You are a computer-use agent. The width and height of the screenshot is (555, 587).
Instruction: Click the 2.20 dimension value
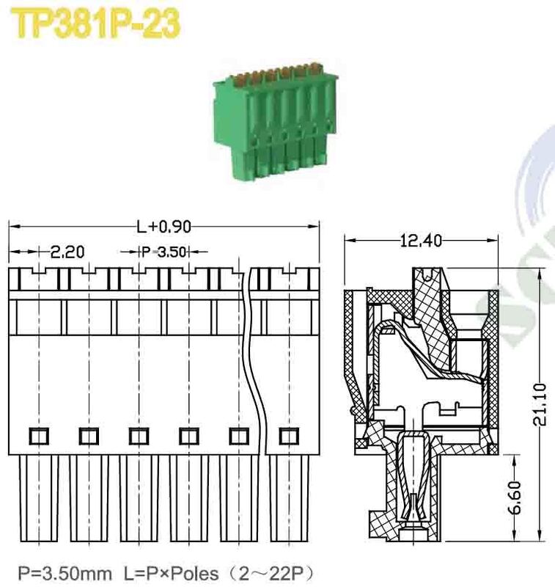[67, 252]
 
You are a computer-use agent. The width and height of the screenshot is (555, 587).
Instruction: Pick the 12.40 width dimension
[421, 240]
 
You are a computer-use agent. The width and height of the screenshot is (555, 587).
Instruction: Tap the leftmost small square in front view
[37, 436]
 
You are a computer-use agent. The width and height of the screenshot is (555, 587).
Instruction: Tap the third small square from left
[137, 436]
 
